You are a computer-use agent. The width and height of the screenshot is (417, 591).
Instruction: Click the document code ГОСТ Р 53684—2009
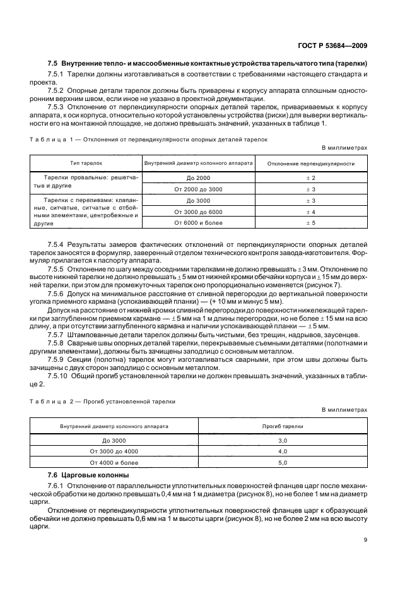(336, 45)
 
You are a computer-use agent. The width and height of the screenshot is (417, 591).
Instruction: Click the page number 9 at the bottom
(365, 539)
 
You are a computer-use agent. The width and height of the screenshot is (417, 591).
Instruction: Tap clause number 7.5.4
(58, 244)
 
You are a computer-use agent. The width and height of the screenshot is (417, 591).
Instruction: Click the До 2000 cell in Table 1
(199, 178)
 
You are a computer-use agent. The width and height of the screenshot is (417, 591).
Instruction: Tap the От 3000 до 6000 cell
(199, 212)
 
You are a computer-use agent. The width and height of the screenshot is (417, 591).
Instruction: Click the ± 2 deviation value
(310, 178)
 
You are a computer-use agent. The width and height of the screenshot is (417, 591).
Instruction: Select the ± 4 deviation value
(310, 212)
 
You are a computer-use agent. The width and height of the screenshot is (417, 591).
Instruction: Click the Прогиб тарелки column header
(283, 426)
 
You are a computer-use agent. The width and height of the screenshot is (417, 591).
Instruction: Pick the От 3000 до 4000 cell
(114, 451)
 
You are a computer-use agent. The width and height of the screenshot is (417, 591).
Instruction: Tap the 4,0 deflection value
(283, 451)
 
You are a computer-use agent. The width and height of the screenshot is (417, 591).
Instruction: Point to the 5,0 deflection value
(283, 463)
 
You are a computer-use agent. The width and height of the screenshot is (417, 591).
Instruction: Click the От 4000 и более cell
(114, 463)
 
